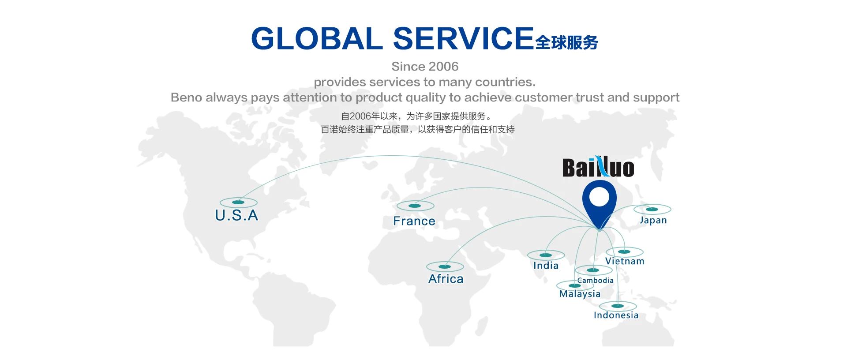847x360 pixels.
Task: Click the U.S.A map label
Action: (236, 215)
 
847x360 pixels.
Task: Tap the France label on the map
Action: (414, 221)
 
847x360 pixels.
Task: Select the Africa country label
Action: (446, 279)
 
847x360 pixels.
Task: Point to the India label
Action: (546, 266)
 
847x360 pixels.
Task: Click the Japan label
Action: (653, 221)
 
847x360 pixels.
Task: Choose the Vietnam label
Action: (625, 261)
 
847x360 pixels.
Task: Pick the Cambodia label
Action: (596, 281)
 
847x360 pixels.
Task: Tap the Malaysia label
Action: (580, 294)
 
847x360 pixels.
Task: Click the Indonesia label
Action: (616, 315)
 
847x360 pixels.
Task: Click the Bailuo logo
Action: (598, 167)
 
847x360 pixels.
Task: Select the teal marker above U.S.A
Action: (238, 202)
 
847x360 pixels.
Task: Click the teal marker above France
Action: (415, 206)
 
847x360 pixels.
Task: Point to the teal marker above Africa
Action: (445, 266)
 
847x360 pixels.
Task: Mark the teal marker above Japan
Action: (652, 209)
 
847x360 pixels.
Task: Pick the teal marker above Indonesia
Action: (618, 306)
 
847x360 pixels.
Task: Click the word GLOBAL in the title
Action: (317, 38)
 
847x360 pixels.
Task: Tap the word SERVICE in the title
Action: (463, 38)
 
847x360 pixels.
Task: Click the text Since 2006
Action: (425, 67)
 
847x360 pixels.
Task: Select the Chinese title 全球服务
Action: (567, 43)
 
